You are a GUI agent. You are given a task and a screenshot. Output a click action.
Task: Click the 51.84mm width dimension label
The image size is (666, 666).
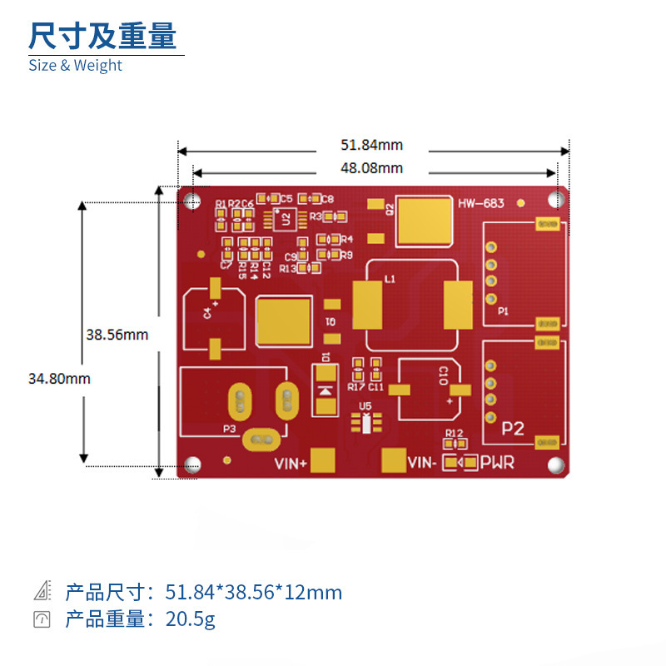click(x=371, y=146)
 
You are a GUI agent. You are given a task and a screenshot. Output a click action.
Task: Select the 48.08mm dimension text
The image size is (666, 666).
click(x=371, y=168)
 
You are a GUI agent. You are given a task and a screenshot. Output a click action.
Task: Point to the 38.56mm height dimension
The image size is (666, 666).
click(x=117, y=335)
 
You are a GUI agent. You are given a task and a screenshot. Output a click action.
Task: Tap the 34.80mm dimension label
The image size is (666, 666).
click(x=59, y=378)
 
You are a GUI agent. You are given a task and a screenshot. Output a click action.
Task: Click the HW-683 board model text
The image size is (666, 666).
click(x=480, y=203)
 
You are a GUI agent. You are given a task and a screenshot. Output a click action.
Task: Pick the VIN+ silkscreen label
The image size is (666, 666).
click(x=291, y=464)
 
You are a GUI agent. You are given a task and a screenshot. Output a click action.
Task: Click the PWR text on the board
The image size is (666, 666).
click(x=497, y=463)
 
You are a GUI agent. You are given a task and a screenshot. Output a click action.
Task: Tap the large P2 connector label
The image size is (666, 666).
click(x=513, y=429)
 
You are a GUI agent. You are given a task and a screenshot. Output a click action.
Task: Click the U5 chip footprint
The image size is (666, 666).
click(x=365, y=423)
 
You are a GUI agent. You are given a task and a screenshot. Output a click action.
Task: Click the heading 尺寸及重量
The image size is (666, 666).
click(x=102, y=36)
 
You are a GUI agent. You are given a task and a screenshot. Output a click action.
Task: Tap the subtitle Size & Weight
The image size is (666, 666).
click(x=75, y=66)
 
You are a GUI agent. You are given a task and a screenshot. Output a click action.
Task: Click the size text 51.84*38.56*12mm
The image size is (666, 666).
click(x=253, y=593)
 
